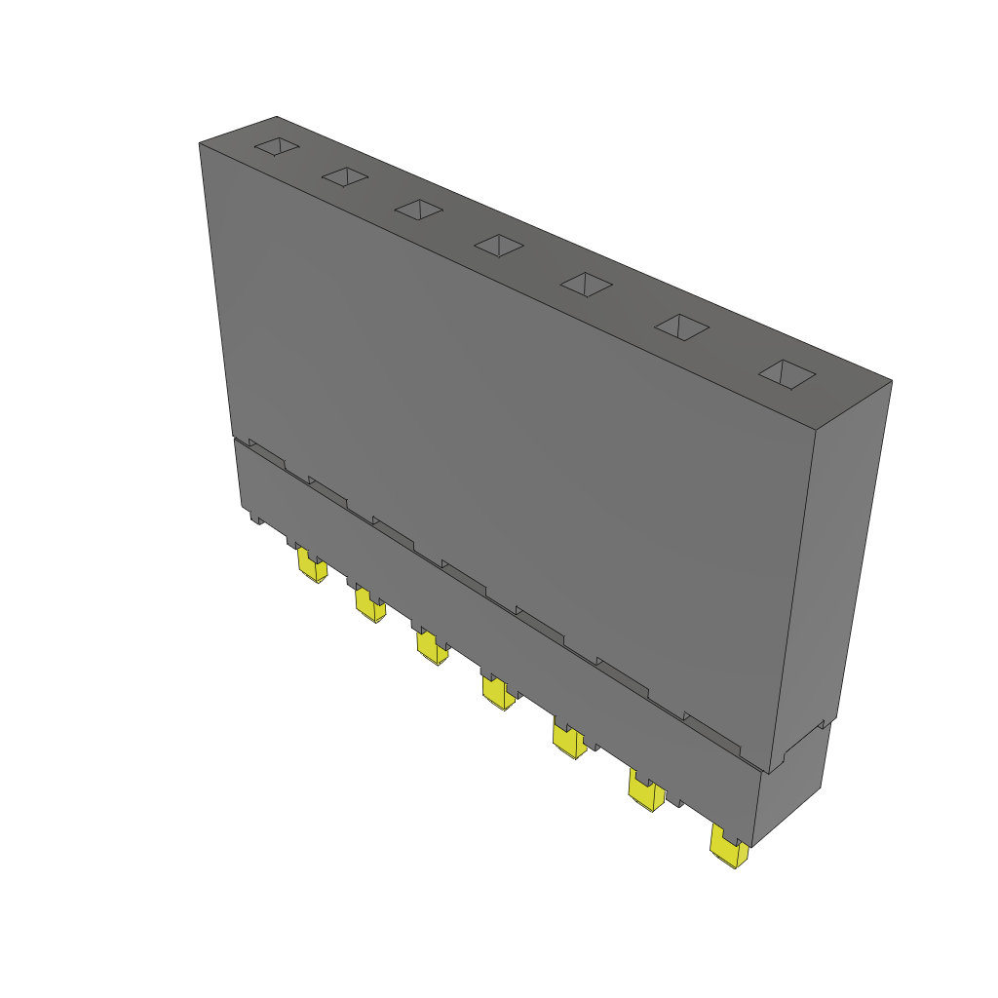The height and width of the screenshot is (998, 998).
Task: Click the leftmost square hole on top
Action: click(x=277, y=146)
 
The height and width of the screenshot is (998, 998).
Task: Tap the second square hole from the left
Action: click(x=345, y=176)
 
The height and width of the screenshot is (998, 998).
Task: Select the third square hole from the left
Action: click(x=419, y=209)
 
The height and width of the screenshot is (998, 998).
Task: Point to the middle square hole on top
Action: click(x=499, y=245)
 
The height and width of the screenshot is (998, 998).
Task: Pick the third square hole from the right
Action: click(x=586, y=284)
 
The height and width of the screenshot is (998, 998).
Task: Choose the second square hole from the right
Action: click(x=680, y=327)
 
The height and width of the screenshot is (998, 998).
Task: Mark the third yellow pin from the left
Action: click(x=431, y=647)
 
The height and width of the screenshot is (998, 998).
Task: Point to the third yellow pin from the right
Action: click(x=567, y=741)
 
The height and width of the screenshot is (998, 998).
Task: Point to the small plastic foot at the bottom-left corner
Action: click(x=255, y=518)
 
